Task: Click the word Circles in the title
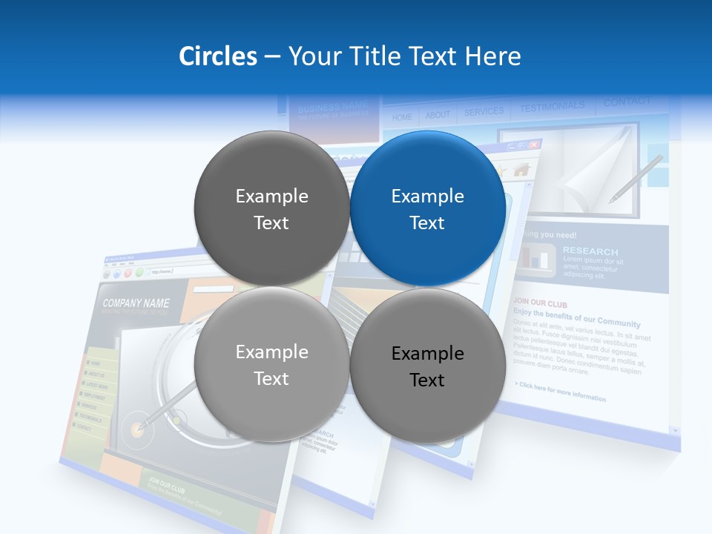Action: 218,56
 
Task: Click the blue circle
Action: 428,209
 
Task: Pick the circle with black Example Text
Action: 428,366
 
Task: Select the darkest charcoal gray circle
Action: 271,209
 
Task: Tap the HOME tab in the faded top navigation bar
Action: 402,117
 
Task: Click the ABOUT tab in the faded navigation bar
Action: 438,115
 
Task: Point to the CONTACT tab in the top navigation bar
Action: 627,102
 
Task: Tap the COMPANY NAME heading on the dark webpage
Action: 136,303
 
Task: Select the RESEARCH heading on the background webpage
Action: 590,251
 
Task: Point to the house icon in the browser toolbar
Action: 521,170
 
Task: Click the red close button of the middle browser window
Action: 534,145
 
